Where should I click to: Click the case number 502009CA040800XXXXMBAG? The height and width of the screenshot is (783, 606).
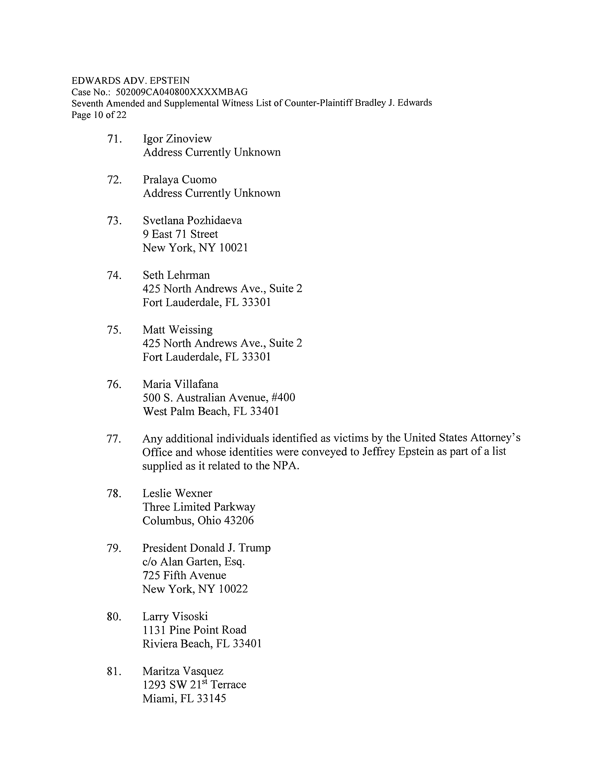[182, 92]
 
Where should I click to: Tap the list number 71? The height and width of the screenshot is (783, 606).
[114, 139]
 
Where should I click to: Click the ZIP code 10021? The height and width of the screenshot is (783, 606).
[233, 248]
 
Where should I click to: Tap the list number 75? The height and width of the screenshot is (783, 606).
[114, 330]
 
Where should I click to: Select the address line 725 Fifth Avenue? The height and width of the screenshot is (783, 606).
[184, 575]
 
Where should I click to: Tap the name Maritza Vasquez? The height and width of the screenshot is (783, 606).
[183, 671]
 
